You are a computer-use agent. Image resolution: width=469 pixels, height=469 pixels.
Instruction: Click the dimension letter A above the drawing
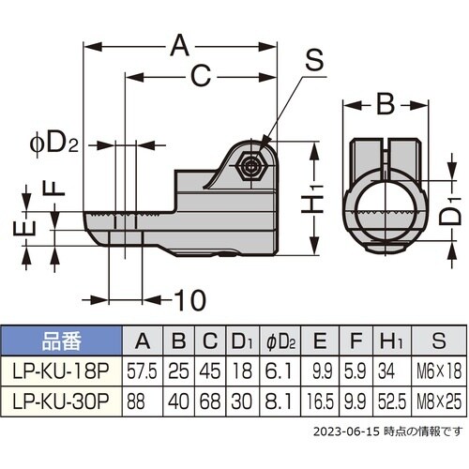coord(181,43)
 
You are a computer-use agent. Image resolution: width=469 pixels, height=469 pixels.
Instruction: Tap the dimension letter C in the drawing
coord(200,77)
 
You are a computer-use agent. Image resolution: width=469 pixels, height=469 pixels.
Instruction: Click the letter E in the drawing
coord(30,228)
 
